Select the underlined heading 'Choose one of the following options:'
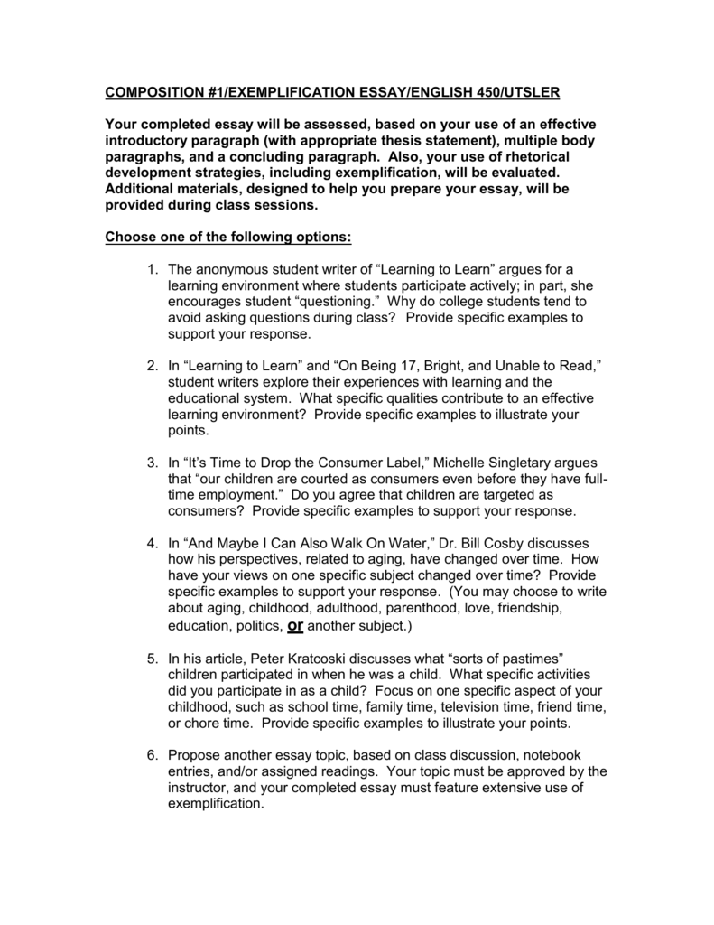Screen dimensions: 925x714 point(228,238)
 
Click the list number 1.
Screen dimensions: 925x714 point(151,269)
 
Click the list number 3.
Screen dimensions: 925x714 point(151,463)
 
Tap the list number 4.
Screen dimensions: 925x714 point(151,543)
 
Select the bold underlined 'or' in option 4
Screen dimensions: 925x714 point(294,626)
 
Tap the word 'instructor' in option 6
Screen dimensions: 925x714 point(201,788)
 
